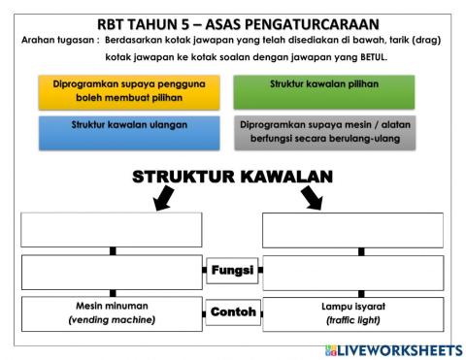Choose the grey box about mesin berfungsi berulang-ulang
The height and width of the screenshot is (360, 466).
point(323,132)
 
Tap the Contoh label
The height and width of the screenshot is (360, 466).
point(232,312)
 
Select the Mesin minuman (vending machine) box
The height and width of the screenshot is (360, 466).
point(112,312)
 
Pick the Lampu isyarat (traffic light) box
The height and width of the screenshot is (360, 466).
point(352,312)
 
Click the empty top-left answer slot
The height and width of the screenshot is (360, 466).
point(112,230)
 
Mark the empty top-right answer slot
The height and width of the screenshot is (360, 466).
point(352,230)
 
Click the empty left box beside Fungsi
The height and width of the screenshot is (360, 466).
point(112,273)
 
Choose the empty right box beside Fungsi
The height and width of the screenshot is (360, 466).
point(352,273)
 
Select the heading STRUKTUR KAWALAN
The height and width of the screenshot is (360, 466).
point(232,177)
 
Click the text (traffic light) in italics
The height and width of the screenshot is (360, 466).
point(352,320)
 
